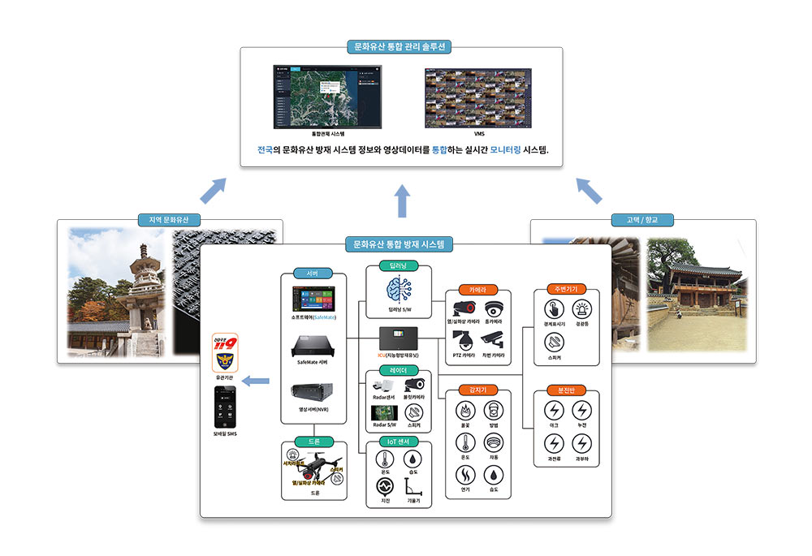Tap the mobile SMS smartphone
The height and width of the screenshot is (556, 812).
[x=225, y=407]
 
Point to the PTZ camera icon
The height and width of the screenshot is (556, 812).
[x=463, y=340]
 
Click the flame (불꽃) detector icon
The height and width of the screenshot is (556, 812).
[x=464, y=411]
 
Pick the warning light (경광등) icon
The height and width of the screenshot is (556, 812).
[x=581, y=309]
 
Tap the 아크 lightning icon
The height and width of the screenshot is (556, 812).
[x=554, y=411]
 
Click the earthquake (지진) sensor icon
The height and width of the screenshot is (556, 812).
[x=385, y=486]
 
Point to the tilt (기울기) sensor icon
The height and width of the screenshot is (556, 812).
[x=414, y=485]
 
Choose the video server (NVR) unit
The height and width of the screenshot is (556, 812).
[x=313, y=397]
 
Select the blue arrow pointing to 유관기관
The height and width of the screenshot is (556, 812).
[x=257, y=379]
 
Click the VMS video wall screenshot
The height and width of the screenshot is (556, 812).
[x=478, y=97]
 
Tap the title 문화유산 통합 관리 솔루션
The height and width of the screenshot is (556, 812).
[x=401, y=47]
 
